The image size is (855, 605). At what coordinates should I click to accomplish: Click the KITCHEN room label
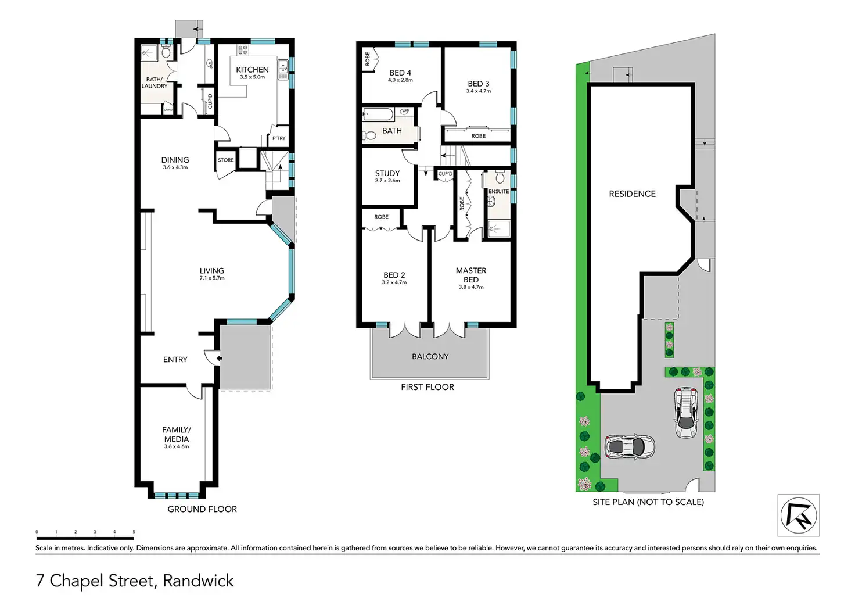[x=252, y=70]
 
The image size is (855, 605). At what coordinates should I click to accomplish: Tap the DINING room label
[x=175, y=160]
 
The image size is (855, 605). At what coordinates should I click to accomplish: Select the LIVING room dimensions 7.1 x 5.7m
[x=212, y=278]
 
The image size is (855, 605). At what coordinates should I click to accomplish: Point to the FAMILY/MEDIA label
[x=177, y=434]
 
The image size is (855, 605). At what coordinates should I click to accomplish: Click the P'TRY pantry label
[x=279, y=138]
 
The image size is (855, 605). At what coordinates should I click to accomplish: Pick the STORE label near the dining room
[x=226, y=160]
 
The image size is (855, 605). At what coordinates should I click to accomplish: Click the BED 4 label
[x=400, y=73]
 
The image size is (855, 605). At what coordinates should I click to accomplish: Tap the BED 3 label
[x=479, y=84]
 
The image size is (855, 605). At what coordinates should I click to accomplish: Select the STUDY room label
[x=387, y=173]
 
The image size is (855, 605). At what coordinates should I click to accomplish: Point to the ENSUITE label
[x=498, y=191]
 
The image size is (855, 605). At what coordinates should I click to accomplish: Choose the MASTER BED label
[x=471, y=275]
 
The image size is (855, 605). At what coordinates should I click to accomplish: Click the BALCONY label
[x=430, y=356]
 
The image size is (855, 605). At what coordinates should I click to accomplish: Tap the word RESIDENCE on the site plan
[x=632, y=194]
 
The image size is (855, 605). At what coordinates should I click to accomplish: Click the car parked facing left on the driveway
[x=630, y=446]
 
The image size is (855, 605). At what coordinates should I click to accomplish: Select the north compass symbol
[x=799, y=515]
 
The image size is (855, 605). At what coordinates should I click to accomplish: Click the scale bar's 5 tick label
[x=134, y=532]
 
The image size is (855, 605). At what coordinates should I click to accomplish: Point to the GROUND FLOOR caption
[x=202, y=509]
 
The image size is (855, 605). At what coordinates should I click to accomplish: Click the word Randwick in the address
[x=198, y=581]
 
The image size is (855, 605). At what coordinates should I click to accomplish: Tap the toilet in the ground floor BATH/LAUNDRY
[x=166, y=52]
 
